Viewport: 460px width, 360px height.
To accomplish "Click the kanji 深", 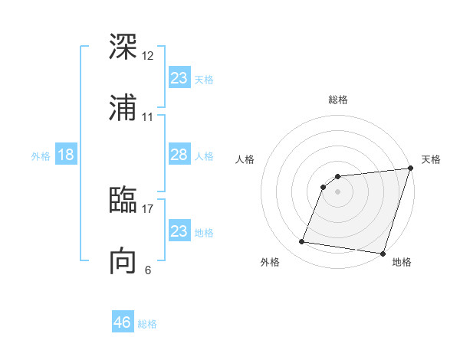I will (123, 47).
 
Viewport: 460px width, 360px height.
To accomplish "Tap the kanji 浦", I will (123, 108).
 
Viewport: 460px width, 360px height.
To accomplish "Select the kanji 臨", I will (123, 200).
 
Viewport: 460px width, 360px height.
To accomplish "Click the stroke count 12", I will (148, 56).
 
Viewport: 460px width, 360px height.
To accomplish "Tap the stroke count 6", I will (148, 270).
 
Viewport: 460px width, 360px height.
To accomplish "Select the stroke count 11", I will (148, 117).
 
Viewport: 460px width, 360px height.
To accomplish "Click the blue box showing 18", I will (66, 155).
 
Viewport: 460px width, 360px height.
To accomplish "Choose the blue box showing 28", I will (179, 155).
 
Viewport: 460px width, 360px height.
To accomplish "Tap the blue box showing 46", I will (123, 322).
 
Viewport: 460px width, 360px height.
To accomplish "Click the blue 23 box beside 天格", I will (179, 78).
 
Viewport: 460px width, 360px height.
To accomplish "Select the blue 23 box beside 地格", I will (179, 231).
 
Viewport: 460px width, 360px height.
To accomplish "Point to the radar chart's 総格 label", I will (338, 100).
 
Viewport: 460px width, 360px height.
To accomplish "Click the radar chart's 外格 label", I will (270, 263).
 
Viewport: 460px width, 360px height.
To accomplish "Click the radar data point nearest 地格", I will (383, 254).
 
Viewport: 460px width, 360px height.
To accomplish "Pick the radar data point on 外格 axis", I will (302, 242).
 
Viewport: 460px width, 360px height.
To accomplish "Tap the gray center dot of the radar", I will (338, 191).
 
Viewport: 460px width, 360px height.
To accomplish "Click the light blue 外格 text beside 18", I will (41, 156).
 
